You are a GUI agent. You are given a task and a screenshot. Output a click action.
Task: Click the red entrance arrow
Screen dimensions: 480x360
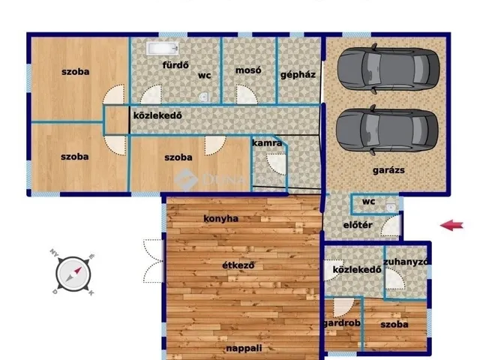pos(451,226)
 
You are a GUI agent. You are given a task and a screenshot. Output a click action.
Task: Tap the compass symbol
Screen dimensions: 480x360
pos(73,274)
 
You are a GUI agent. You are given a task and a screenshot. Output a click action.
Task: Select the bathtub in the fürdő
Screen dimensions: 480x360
pos(163,49)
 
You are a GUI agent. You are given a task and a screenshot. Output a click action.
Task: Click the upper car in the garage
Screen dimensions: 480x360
pos(388,68)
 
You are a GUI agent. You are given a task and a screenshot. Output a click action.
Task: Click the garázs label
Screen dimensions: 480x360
pos(388,170)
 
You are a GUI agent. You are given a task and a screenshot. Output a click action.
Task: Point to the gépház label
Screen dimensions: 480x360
pos(298,75)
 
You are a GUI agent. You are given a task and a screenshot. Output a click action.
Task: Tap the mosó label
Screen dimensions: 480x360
pos(248,70)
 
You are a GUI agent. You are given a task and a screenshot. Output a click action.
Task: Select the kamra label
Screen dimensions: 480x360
pos(267,142)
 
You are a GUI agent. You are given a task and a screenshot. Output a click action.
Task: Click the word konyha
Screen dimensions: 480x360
pos(221,218)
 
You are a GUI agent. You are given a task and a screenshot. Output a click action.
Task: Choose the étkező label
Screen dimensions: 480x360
pos(238,265)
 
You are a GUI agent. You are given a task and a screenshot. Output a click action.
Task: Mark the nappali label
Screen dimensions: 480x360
pos(244,348)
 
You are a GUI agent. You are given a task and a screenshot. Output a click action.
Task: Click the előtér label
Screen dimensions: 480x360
pos(358,225)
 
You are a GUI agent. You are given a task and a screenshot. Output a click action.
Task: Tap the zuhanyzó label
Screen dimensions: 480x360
pos(406,262)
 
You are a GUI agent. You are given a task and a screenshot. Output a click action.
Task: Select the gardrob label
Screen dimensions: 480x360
pos(342,323)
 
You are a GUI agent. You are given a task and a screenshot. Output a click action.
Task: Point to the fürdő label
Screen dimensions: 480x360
pos(175,65)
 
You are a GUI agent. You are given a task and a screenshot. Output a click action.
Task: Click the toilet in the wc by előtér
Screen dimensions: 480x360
pos(391,207)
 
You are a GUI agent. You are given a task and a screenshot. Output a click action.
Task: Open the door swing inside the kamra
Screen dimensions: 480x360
pos(277,163)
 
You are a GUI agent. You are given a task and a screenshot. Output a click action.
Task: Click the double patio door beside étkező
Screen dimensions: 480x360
pos(154,261)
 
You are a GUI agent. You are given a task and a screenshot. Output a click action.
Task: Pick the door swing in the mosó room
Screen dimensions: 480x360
pos(247,94)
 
